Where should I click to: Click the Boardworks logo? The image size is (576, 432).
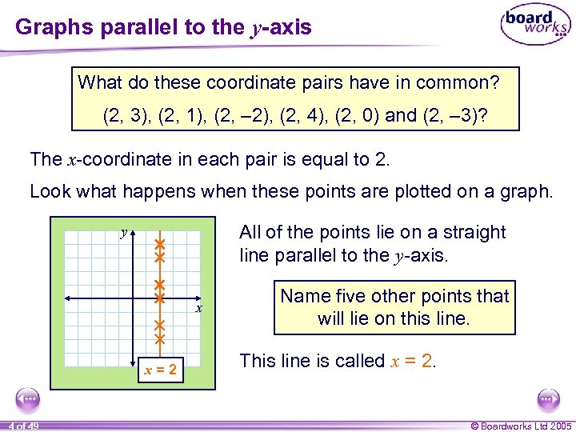coord(535,25)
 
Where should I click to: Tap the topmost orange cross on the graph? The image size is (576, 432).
coord(159,242)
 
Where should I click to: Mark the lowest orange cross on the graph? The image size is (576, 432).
coord(159,339)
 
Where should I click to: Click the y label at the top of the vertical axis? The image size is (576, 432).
coord(124,233)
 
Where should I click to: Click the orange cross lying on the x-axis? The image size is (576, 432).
coord(159,298)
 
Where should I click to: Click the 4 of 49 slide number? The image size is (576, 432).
coord(25,425)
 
